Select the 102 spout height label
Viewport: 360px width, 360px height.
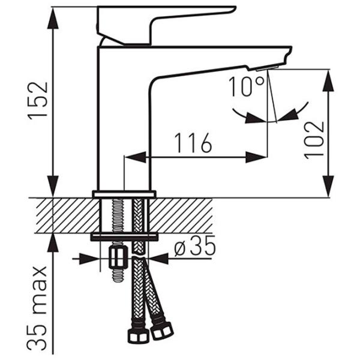point(314,140)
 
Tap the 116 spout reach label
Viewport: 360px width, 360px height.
point(193,143)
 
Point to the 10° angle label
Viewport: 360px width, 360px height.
point(247,86)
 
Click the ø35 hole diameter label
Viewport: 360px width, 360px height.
point(194,246)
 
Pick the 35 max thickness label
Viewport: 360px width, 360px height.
point(37,308)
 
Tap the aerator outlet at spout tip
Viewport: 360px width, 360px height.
point(267,68)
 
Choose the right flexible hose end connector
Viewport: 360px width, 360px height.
point(161,331)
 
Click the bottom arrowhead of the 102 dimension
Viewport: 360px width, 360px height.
point(328,186)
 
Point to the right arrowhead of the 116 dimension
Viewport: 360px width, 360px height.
point(256,157)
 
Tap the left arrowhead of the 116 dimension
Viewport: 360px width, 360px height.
point(135,157)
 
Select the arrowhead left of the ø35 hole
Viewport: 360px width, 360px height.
point(89,259)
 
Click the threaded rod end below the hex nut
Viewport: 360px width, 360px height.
point(118,275)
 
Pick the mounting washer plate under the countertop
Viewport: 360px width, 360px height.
point(124,238)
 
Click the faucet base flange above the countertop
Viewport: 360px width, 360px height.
point(124,194)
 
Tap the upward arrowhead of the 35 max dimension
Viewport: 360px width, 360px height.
point(53,244)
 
